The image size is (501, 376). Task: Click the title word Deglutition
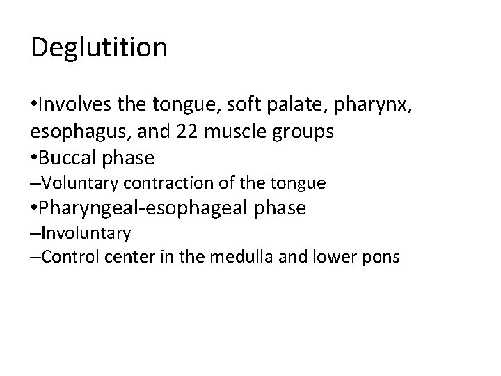100,47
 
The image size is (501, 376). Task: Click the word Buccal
70,158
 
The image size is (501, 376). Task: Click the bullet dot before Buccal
35,158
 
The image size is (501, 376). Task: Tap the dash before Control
35,257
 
